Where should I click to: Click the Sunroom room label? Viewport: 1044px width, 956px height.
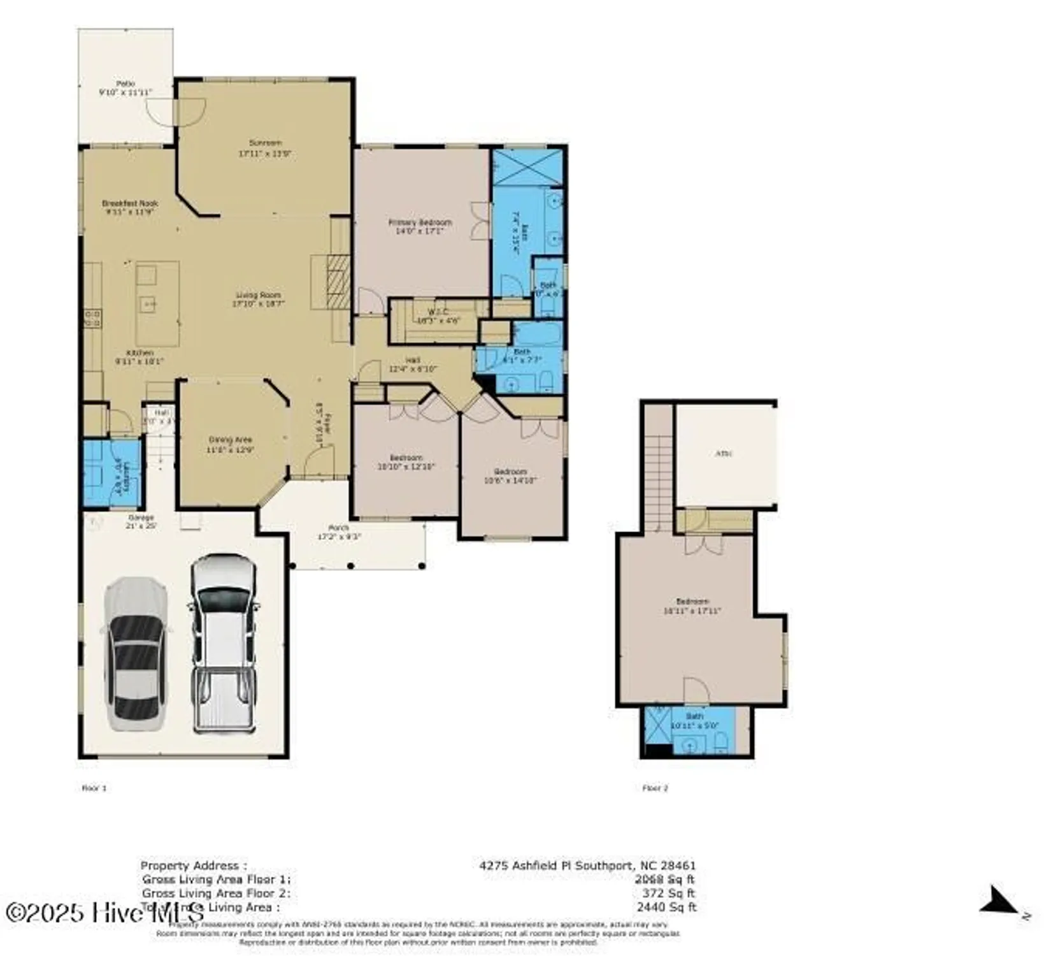[x=265, y=143]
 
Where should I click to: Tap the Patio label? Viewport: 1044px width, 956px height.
[x=125, y=84]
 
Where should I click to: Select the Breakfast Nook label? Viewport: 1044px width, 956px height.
[x=130, y=203]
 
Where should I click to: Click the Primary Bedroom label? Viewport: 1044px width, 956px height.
[x=420, y=222]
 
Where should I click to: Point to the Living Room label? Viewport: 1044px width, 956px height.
[x=258, y=295]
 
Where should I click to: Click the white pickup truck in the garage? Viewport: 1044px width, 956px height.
[x=224, y=644]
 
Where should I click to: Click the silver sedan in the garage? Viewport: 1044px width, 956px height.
[x=136, y=653]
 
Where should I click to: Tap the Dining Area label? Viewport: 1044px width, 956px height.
[x=230, y=440]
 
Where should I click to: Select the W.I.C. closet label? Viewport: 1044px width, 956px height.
[x=438, y=312]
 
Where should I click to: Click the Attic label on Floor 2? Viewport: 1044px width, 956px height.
[x=724, y=454]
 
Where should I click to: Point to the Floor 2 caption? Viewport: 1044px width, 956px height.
[x=655, y=788]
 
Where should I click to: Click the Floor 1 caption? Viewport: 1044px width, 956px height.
[x=94, y=788]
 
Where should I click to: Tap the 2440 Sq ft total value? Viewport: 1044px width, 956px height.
[x=666, y=907]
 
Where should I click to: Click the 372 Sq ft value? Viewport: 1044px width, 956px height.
[x=668, y=894]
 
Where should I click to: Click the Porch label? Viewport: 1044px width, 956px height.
[x=338, y=528]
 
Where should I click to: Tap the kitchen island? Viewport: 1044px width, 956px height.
[x=157, y=303]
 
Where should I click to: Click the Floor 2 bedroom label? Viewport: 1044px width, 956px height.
[x=692, y=602]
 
